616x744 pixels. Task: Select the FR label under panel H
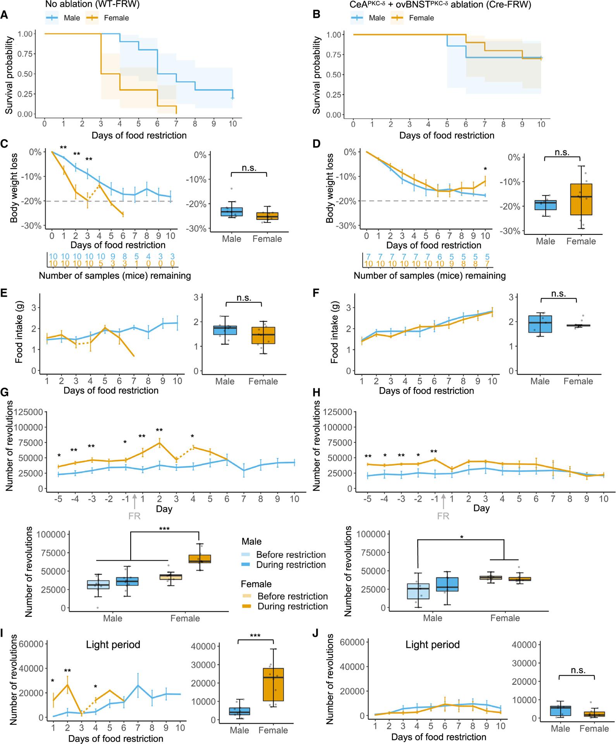(x=443, y=516)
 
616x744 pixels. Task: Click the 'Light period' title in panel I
(x=113, y=644)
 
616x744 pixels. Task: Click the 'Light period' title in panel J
(x=432, y=644)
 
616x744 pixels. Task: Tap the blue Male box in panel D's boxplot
(x=545, y=205)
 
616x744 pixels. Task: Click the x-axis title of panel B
(x=447, y=135)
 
